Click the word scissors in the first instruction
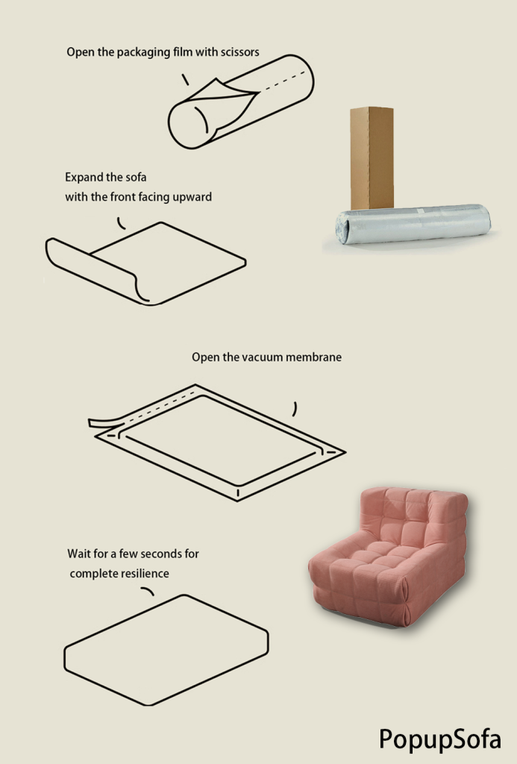click(239, 52)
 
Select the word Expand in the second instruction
click(81, 178)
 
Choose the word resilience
click(144, 574)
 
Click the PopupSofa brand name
click(439, 739)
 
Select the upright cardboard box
click(372, 158)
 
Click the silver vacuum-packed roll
click(413, 224)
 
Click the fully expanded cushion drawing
click(166, 650)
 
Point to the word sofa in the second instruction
click(136, 178)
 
